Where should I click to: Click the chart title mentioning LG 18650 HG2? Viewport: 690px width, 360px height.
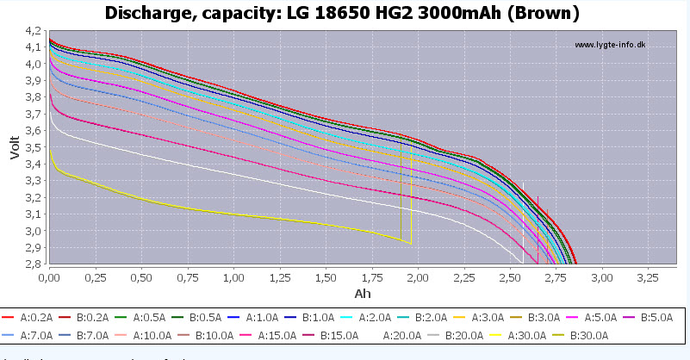[x=345, y=13]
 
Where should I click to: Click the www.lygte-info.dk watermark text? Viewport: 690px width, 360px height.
[x=609, y=45]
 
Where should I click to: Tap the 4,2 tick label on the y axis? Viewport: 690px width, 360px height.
[x=34, y=30]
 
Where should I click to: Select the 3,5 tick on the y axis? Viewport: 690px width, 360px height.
[x=34, y=147]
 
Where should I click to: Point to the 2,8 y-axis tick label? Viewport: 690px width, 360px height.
[x=34, y=264]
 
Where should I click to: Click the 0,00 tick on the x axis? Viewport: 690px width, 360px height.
[x=50, y=278]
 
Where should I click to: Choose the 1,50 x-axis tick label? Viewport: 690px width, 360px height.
[x=326, y=278]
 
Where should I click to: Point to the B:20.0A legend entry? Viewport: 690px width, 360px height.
[x=462, y=336]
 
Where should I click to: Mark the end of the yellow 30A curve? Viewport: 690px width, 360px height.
[x=411, y=244]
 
